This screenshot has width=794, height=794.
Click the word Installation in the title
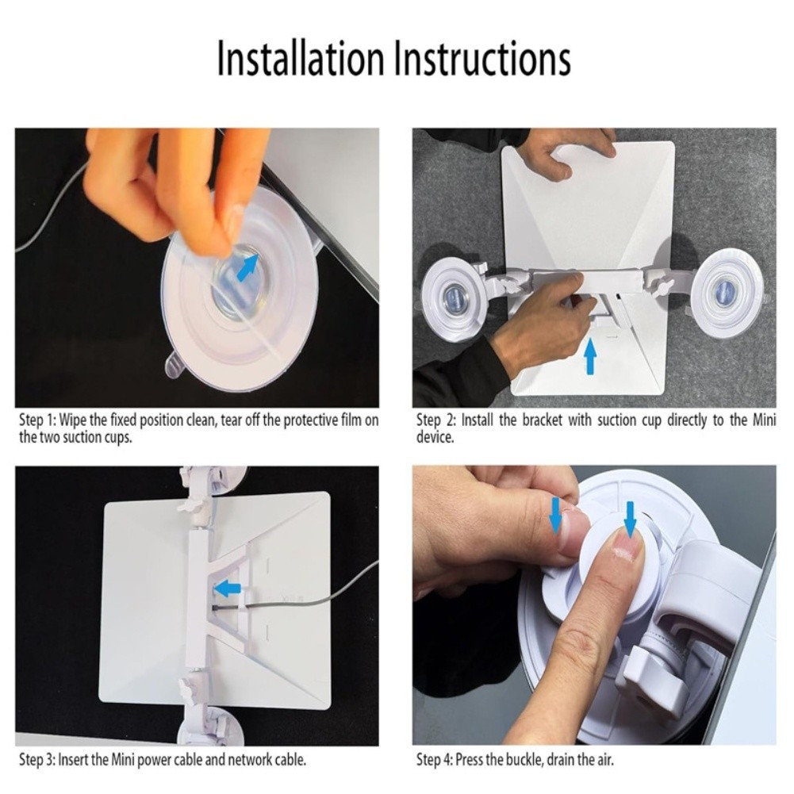pyautogui.click(x=301, y=59)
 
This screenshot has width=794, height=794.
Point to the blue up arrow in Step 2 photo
pyautogui.click(x=590, y=356)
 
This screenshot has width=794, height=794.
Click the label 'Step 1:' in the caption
pyautogui.click(x=37, y=420)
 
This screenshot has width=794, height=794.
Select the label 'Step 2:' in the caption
pyautogui.click(x=436, y=420)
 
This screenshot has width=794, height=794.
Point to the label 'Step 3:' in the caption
pyautogui.click(x=37, y=760)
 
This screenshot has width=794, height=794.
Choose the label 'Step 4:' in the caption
pyautogui.click(x=435, y=760)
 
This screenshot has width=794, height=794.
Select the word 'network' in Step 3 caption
pyautogui.click(x=248, y=760)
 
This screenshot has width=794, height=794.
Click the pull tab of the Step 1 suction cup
pyautogui.click(x=175, y=367)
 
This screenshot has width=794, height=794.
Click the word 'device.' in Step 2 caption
pyautogui.click(x=435, y=437)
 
